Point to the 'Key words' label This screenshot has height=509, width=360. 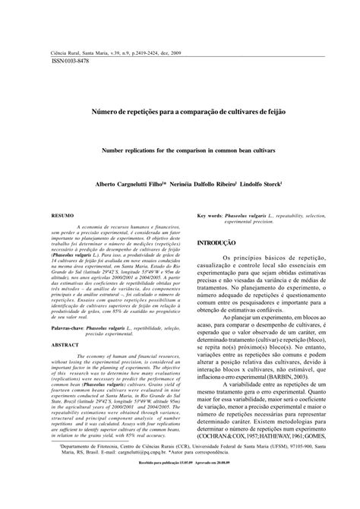pyautogui.click(x=213, y=217)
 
